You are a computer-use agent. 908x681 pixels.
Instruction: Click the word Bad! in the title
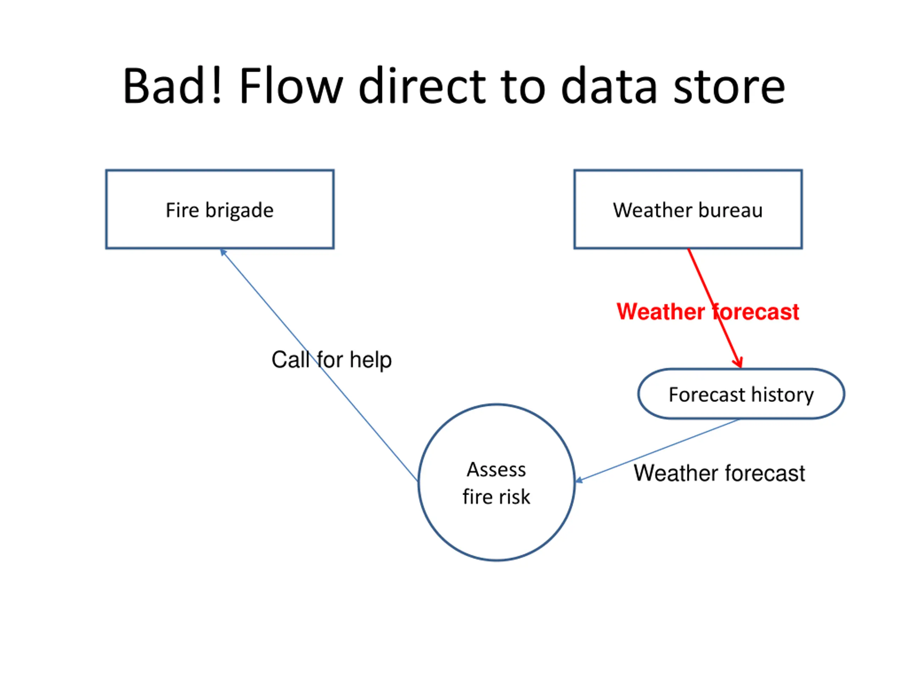[x=172, y=86]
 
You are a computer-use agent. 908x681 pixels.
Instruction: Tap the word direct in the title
[x=422, y=86]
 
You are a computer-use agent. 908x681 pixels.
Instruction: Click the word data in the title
[x=609, y=86]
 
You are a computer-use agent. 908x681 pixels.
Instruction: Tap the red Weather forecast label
[x=708, y=311]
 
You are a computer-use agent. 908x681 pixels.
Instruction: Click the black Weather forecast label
[x=719, y=473]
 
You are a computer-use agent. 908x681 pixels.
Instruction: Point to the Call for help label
[x=332, y=360]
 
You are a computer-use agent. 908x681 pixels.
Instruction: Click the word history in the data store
[x=783, y=395]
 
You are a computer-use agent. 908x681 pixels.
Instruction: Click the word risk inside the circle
[x=514, y=497]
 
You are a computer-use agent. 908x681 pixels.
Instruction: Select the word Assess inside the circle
[x=496, y=470]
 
